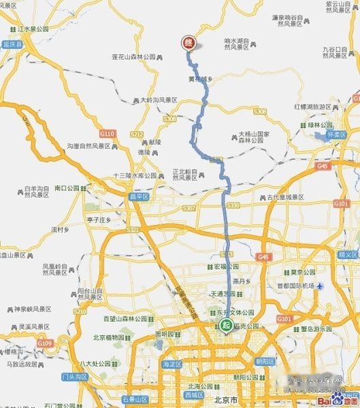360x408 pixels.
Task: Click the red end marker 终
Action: point(188,42)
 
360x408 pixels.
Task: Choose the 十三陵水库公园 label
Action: point(135,175)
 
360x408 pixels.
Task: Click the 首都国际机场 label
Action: point(291,286)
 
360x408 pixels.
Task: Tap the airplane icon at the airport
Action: point(320,286)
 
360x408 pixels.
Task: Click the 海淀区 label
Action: point(170,364)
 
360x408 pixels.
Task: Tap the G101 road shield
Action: point(340,203)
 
